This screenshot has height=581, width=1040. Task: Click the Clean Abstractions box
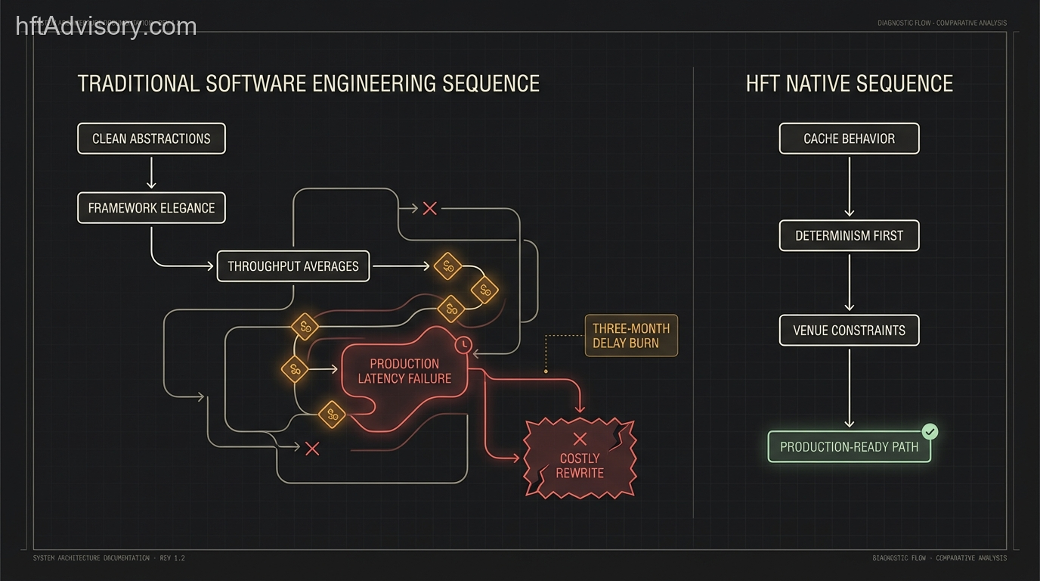pyautogui.click(x=151, y=138)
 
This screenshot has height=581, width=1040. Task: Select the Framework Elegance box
pyautogui.click(x=151, y=208)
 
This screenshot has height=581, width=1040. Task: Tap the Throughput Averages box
pyautogui.click(x=293, y=266)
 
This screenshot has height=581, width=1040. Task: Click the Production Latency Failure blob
pyautogui.click(x=404, y=371)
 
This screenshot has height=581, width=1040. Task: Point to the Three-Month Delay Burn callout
pyautogui.click(x=631, y=336)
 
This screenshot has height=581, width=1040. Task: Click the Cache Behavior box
pyautogui.click(x=849, y=138)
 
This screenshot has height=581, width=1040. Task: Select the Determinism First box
pyautogui.click(x=849, y=235)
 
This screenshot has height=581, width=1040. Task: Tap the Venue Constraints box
pyautogui.click(x=849, y=331)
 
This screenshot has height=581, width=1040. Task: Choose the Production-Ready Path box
pyautogui.click(x=849, y=447)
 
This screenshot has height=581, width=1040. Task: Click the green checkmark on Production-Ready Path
pyautogui.click(x=930, y=431)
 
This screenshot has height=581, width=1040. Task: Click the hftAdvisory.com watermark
pyautogui.click(x=107, y=26)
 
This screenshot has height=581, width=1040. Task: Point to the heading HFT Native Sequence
pyautogui.click(x=849, y=83)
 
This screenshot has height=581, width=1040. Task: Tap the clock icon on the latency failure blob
pyautogui.click(x=463, y=345)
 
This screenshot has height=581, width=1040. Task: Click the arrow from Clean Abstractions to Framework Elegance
pyautogui.click(x=151, y=172)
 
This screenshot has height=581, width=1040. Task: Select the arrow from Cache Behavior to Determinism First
pyautogui.click(x=849, y=186)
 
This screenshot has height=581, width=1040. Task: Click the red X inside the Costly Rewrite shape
pyautogui.click(x=580, y=438)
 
